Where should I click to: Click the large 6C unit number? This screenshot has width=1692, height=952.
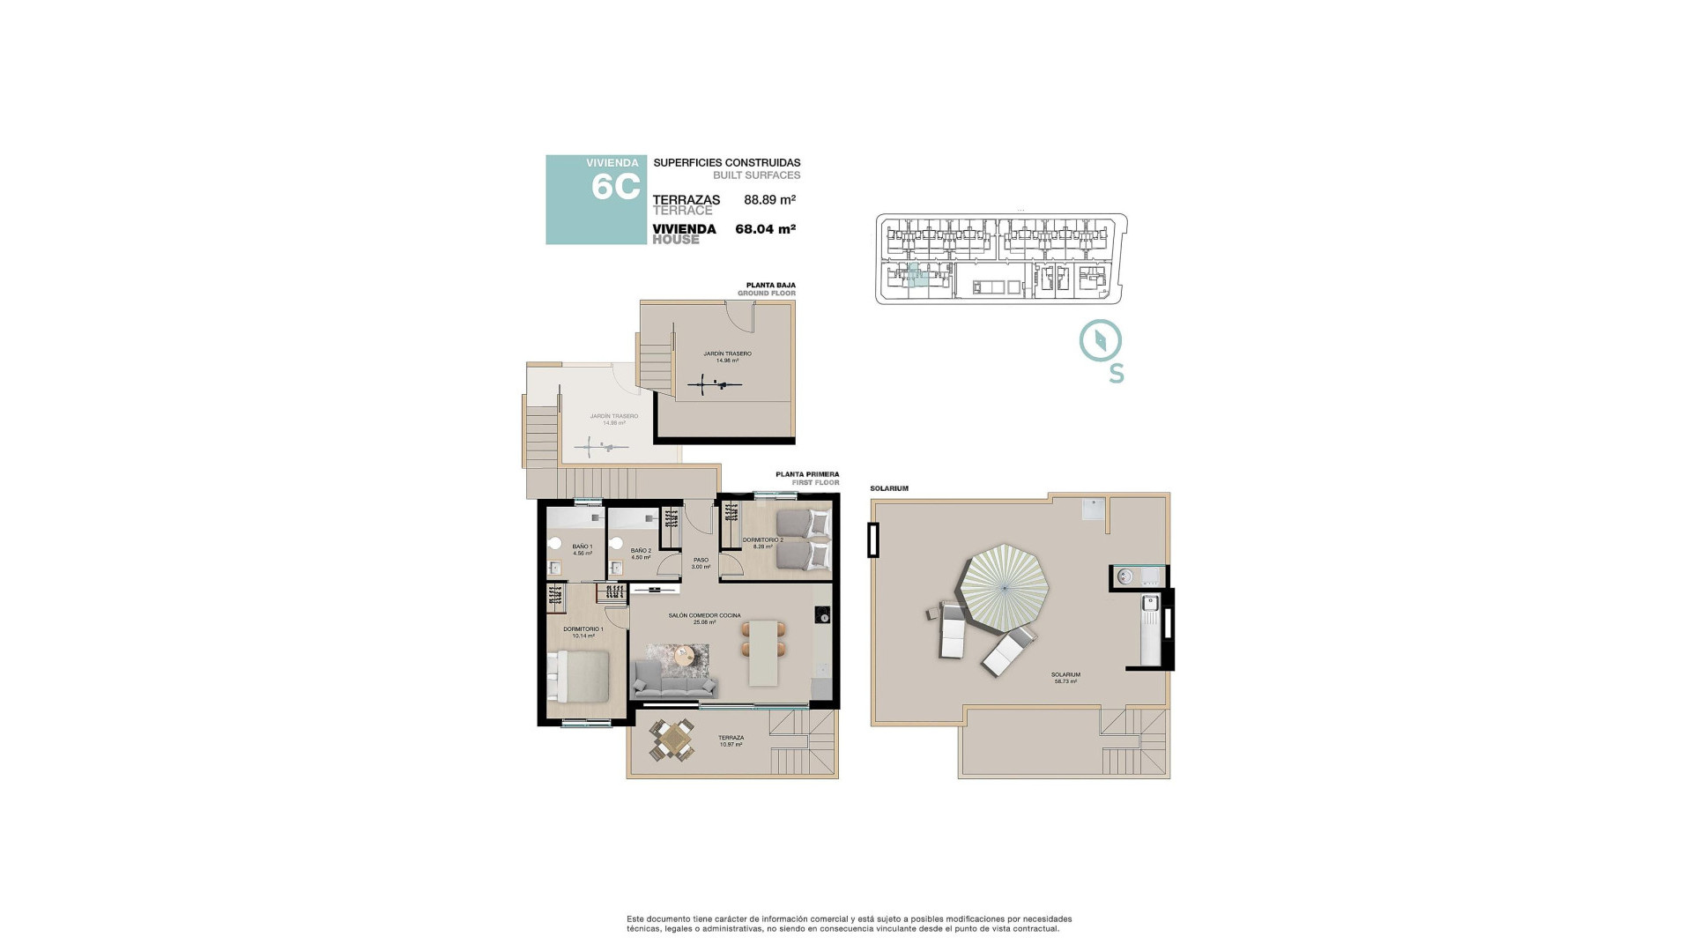click(x=615, y=188)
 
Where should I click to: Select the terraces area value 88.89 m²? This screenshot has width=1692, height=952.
click(x=769, y=200)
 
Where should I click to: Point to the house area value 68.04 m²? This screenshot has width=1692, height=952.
click(x=765, y=229)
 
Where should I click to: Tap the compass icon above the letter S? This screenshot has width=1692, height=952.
click(x=1101, y=341)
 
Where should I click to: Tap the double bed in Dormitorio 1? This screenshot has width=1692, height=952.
click(x=578, y=676)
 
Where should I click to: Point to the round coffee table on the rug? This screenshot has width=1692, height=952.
click(x=685, y=654)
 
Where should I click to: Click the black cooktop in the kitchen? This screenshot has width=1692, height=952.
click(x=821, y=614)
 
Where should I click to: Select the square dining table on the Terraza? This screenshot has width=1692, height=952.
click(x=672, y=740)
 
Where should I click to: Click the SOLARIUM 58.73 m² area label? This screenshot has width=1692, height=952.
click(x=1065, y=678)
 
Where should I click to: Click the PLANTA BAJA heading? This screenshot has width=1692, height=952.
click(x=770, y=286)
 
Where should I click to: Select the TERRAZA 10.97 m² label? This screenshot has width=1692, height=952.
click(x=731, y=741)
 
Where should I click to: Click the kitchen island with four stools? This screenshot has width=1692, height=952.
click(x=763, y=652)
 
